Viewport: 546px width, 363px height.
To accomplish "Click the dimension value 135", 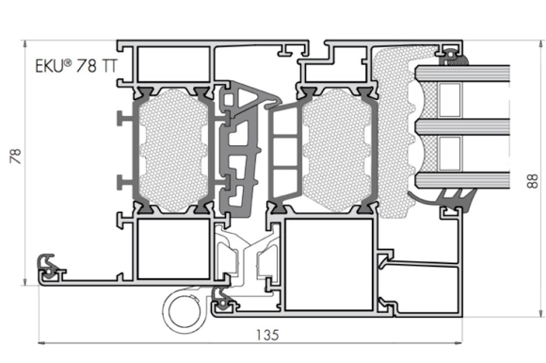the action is click(267, 335).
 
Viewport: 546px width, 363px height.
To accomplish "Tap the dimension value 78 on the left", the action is click(16, 157).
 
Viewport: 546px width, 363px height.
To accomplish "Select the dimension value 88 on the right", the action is click(533, 181).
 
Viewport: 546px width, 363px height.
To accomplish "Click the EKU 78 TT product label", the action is click(76, 66).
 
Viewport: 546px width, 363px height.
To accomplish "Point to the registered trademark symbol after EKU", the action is click(68, 63).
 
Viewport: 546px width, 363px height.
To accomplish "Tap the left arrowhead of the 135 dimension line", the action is click(41, 343).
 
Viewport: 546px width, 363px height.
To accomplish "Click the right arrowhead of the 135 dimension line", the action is click(458, 343).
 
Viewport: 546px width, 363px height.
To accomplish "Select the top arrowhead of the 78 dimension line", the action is click(24, 44).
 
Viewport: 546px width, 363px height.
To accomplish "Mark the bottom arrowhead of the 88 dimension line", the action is click(541, 313).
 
